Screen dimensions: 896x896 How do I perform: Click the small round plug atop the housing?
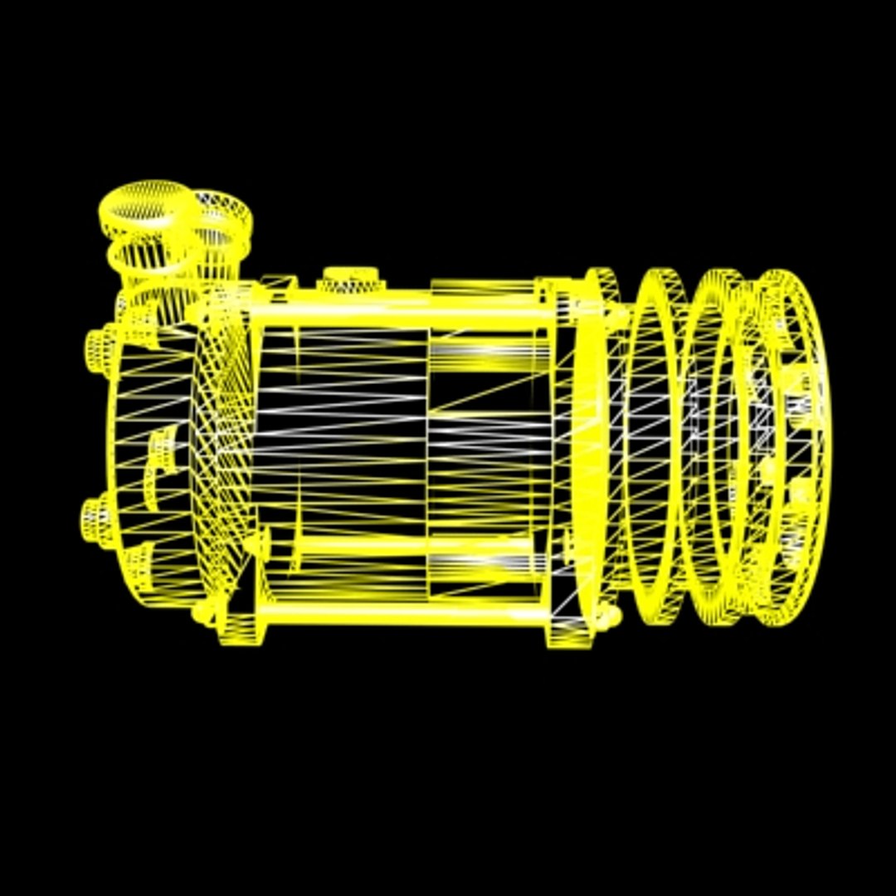pyautogui.click(x=350, y=279)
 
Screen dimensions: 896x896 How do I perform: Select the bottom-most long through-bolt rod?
pyautogui.click(x=398, y=614)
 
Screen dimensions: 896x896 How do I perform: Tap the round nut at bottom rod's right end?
pyautogui.click(x=612, y=616)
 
